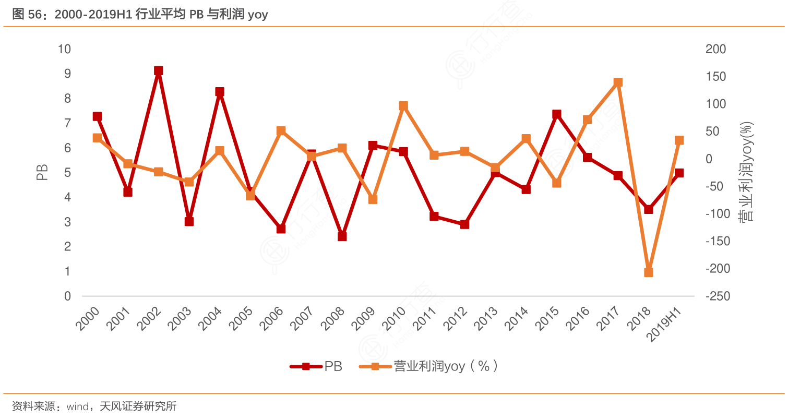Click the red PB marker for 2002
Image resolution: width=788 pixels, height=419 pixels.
[x=159, y=71]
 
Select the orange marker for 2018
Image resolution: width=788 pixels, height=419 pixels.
[x=649, y=272]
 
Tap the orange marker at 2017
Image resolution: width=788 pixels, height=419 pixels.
[x=618, y=82]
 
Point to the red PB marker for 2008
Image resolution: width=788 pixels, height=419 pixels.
[x=342, y=236]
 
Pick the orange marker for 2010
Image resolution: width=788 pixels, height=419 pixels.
[x=403, y=106]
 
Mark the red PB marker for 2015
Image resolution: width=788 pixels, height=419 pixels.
[x=557, y=114]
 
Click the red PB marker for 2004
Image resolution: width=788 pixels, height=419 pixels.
[x=220, y=92]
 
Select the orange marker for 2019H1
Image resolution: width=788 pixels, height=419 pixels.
[x=679, y=140]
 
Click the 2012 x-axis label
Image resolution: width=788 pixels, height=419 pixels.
[x=455, y=318]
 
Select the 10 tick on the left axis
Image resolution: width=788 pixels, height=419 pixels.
[x=64, y=49]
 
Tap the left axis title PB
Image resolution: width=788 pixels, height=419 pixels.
[x=42, y=173]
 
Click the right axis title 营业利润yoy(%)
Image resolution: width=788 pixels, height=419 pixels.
[x=747, y=172]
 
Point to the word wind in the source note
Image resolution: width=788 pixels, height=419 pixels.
[x=77, y=406]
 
